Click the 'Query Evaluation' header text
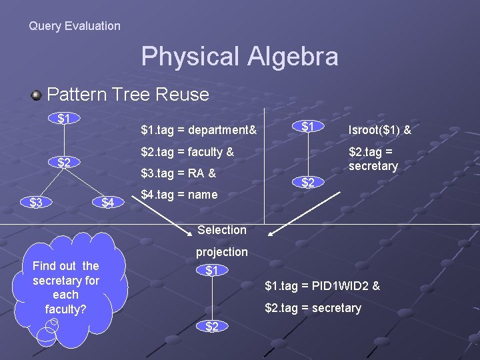point(75,26)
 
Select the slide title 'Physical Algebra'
point(239,57)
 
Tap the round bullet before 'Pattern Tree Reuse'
point(37,95)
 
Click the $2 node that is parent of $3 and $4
point(64,162)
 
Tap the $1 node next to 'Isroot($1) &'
point(307,127)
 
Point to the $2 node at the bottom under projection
point(211,326)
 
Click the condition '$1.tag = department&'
point(199,128)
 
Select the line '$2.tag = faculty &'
point(187,151)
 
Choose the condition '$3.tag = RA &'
point(178,173)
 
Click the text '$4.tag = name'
point(179,195)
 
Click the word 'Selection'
point(222,230)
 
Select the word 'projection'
point(221,252)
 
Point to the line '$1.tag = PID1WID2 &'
point(322,287)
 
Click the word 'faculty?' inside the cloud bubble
point(65,309)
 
